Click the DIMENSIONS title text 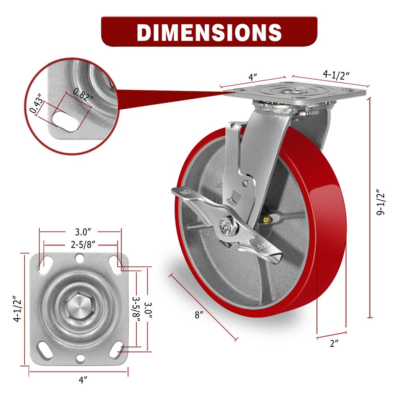pos(209,32)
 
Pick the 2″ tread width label pos(334,344)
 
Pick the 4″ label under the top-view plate pos(84,380)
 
